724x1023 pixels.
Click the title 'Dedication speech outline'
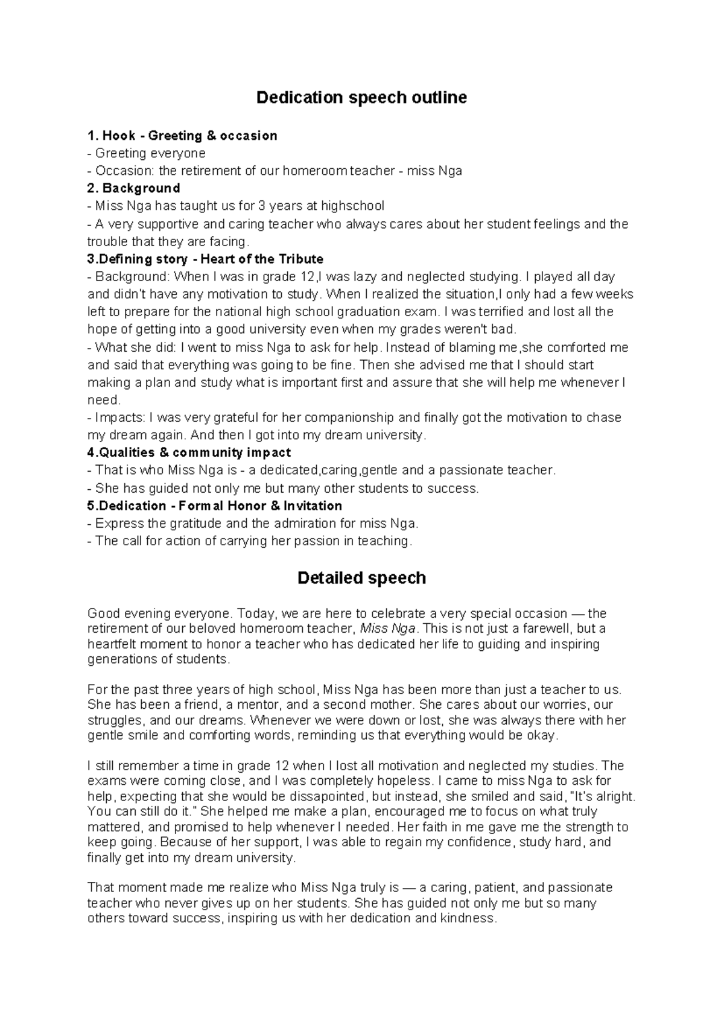point(361,98)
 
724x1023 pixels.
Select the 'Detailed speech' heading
point(361,578)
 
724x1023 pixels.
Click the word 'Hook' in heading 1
point(119,136)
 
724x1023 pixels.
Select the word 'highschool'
point(352,206)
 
